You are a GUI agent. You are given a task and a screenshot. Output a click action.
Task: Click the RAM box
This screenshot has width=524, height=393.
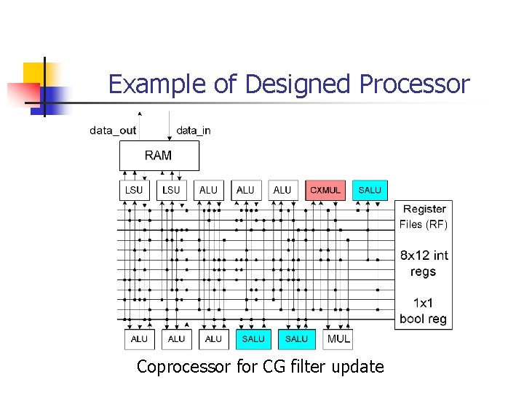pyautogui.click(x=159, y=155)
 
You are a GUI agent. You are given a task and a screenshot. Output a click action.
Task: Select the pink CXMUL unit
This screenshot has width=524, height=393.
pyautogui.click(x=325, y=190)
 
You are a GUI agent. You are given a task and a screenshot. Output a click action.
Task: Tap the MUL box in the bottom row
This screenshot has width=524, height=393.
pyautogui.click(x=338, y=339)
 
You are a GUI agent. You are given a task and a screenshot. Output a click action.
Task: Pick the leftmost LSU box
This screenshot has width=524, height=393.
pyautogui.click(x=135, y=190)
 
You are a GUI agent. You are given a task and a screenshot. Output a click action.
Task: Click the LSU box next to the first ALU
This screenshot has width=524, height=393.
pyautogui.click(x=172, y=190)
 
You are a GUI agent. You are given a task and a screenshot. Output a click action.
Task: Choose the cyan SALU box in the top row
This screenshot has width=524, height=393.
pyautogui.click(x=370, y=190)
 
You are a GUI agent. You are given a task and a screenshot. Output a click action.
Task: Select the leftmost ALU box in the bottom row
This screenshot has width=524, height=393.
pyautogui.click(x=139, y=339)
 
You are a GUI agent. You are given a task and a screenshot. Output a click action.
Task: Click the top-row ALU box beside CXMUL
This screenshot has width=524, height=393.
pyautogui.click(x=282, y=190)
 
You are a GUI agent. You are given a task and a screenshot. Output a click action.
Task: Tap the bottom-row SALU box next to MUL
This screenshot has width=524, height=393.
pyautogui.click(x=296, y=339)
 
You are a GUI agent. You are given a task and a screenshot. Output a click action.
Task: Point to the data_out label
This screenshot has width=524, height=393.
pyautogui.click(x=113, y=131)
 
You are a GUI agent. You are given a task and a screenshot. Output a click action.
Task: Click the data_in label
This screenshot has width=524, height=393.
pyautogui.click(x=194, y=131)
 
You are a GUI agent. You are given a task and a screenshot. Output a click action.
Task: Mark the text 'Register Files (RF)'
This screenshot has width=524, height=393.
pyautogui.click(x=424, y=217)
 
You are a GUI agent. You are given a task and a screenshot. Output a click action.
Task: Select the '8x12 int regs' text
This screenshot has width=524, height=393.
pyautogui.click(x=424, y=263)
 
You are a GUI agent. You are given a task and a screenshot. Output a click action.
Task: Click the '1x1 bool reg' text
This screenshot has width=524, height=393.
pyautogui.click(x=424, y=311)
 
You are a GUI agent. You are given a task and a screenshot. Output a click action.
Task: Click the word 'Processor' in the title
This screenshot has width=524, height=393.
pyautogui.click(x=415, y=84)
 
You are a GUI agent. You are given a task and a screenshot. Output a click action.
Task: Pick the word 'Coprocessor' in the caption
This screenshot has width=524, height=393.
pyautogui.click(x=184, y=367)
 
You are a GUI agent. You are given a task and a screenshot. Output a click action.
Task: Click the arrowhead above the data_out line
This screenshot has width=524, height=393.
pyautogui.click(x=140, y=114)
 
